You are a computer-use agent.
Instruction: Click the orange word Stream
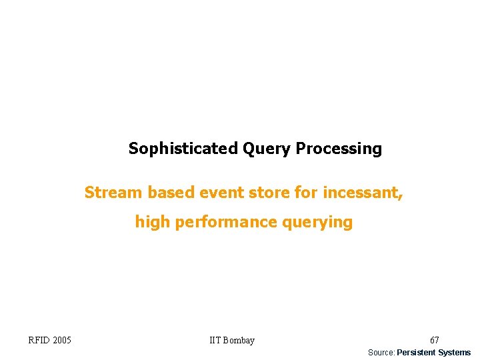(113, 193)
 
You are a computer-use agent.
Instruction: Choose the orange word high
(153, 222)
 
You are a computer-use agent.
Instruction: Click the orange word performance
(227, 222)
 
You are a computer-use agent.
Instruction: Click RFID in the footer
(39, 341)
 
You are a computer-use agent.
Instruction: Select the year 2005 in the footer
(61, 341)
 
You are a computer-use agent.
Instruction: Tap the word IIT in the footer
(215, 341)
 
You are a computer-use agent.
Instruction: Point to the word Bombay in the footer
(239, 341)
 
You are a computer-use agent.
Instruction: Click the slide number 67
(434, 341)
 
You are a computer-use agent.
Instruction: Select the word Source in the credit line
(381, 353)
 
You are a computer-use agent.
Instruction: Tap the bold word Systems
(454, 353)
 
